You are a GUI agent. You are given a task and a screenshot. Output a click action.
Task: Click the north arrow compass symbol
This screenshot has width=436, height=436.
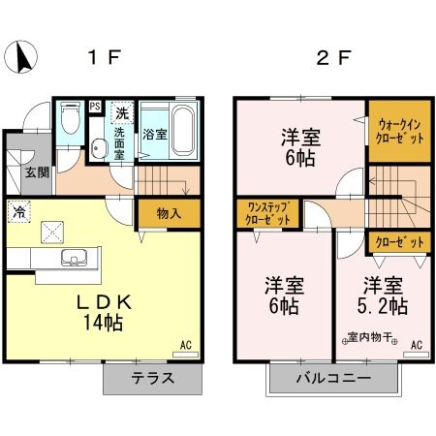20,58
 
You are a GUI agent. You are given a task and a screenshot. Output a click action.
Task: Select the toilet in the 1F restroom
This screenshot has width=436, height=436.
69,121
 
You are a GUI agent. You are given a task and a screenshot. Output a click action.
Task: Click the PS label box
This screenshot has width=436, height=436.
95,107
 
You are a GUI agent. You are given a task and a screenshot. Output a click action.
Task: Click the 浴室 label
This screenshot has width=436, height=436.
154,134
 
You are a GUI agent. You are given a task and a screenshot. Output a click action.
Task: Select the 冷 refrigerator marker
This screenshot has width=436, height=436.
18,208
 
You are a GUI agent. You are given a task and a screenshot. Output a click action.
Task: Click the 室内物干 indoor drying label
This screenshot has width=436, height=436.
368,339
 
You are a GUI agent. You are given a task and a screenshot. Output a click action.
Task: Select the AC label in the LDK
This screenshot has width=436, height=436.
185,343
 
